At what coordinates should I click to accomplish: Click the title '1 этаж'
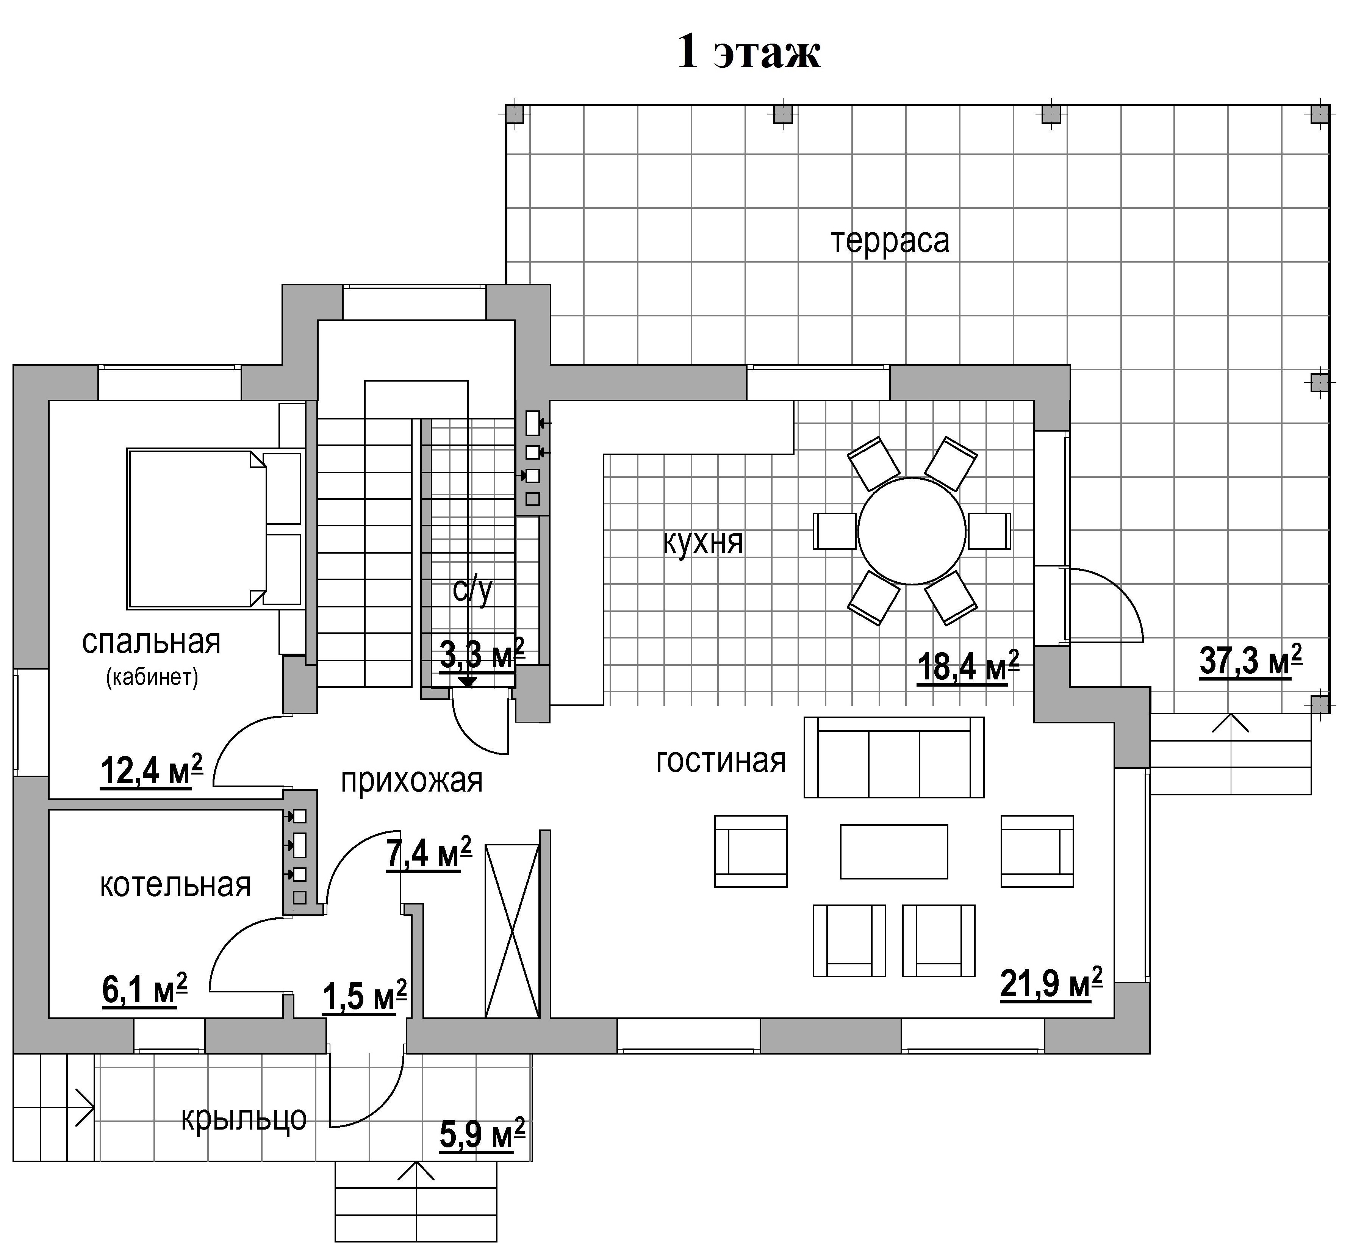click(749, 52)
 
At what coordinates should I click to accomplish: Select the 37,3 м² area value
click(1251, 661)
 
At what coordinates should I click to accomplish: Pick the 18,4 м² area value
click(968, 666)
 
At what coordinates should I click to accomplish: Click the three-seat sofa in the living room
click(893, 757)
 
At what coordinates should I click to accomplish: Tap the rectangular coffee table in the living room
click(893, 851)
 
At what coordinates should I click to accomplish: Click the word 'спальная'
click(152, 642)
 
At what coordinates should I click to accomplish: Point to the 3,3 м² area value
click(482, 655)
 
